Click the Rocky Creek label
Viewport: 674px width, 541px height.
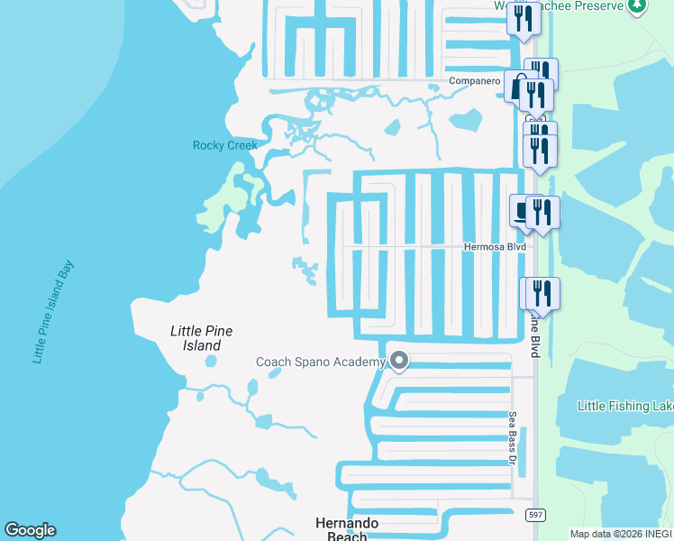point(224,145)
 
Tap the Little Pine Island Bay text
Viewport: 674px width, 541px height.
point(53,312)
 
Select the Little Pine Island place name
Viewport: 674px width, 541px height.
point(201,338)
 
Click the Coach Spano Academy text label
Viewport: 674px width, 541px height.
point(321,362)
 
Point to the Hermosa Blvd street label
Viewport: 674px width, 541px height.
point(494,246)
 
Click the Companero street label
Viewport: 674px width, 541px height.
point(475,81)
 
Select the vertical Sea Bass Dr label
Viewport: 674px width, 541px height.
point(511,438)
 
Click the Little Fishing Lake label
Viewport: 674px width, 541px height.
point(625,407)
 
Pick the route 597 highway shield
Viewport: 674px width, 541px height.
point(536,515)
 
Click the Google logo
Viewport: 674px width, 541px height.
point(30,530)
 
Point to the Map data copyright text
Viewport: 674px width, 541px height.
point(621,534)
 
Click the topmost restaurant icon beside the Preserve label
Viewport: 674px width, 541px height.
point(523,19)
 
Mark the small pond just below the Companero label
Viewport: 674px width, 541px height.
point(465,120)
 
